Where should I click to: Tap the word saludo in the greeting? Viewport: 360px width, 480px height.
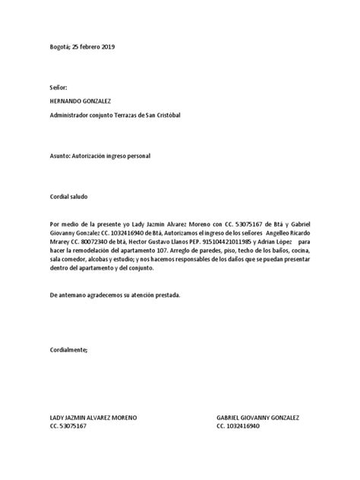coord(77,197)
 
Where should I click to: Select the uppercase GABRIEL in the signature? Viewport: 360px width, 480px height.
coord(231,418)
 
